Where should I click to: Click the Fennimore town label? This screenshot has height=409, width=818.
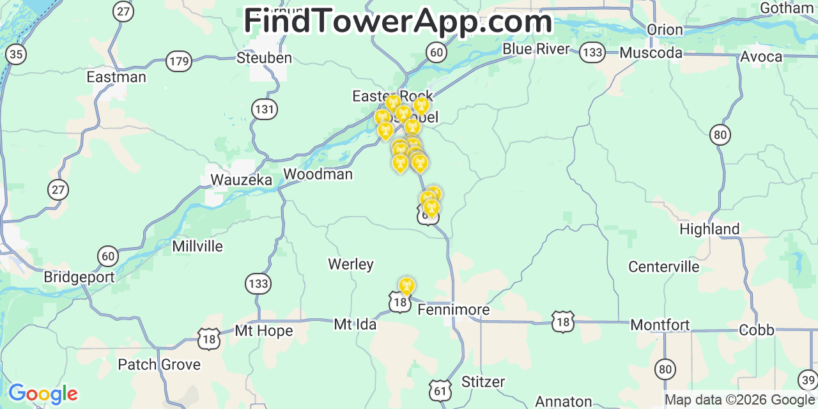click(x=453, y=310)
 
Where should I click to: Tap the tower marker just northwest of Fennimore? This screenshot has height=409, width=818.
click(x=406, y=286)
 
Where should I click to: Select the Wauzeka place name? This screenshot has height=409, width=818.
click(x=241, y=180)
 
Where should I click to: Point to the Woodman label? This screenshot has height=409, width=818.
click(x=318, y=174)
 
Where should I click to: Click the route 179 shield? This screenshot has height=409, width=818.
click(x=179, y=62)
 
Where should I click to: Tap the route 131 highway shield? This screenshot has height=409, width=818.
click(x=264, y=109)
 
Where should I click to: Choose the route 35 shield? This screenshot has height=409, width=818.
click(x=16, y=54)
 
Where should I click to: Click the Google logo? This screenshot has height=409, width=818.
click(x=43, y=394)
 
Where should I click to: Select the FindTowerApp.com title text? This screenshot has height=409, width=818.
click(x=397, y=21)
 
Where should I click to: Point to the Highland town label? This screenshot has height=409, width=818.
click(x=709, y=229)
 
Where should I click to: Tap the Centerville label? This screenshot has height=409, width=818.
click(x=663, y=266)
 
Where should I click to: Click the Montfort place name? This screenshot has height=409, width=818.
click(x=660, y=325)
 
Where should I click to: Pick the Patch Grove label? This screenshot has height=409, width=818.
click(x=159, y=365)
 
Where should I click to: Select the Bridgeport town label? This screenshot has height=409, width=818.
click(x=79, y=277)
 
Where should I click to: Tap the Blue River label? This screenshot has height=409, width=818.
click(x=536, y=49)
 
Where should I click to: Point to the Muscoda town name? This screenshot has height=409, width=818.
click(x=651, y=52)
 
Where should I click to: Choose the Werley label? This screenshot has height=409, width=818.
click(x=350, y=264)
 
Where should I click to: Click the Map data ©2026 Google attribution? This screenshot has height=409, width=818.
click(x=739, y=400)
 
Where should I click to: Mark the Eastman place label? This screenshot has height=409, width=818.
click(x=116, y=77)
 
